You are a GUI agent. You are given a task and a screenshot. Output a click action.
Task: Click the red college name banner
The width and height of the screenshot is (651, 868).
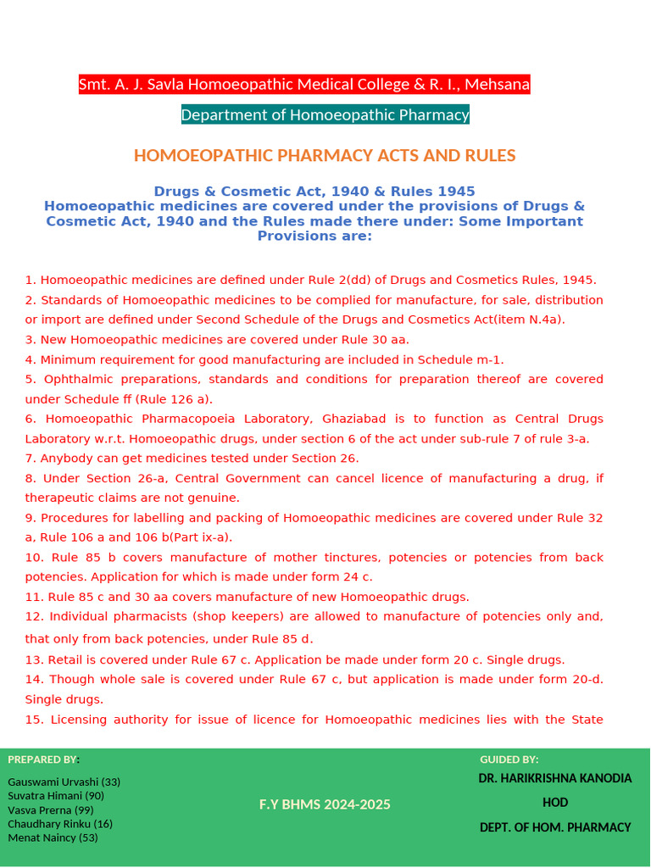304,85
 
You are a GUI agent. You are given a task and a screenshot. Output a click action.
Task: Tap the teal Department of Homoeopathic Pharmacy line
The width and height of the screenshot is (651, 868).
325,114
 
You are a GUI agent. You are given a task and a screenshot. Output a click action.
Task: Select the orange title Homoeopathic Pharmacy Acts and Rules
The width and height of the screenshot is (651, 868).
325,155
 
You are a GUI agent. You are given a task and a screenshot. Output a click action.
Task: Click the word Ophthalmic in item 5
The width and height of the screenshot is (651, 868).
76,379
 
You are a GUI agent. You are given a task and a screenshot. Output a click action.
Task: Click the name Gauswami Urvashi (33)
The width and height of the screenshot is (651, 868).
64,782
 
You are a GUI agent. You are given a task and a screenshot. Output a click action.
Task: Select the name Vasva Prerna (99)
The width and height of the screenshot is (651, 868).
51,810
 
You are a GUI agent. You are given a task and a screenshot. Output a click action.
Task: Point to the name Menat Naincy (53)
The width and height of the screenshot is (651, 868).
53,837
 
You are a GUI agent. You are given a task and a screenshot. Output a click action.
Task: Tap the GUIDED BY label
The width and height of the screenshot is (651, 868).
509,759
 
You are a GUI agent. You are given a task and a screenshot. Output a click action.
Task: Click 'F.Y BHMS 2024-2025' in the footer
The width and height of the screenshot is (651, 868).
325,804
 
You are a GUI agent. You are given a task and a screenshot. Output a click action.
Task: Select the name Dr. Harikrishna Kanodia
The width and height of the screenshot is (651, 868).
554,778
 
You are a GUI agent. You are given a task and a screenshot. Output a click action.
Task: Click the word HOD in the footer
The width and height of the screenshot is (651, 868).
555,803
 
